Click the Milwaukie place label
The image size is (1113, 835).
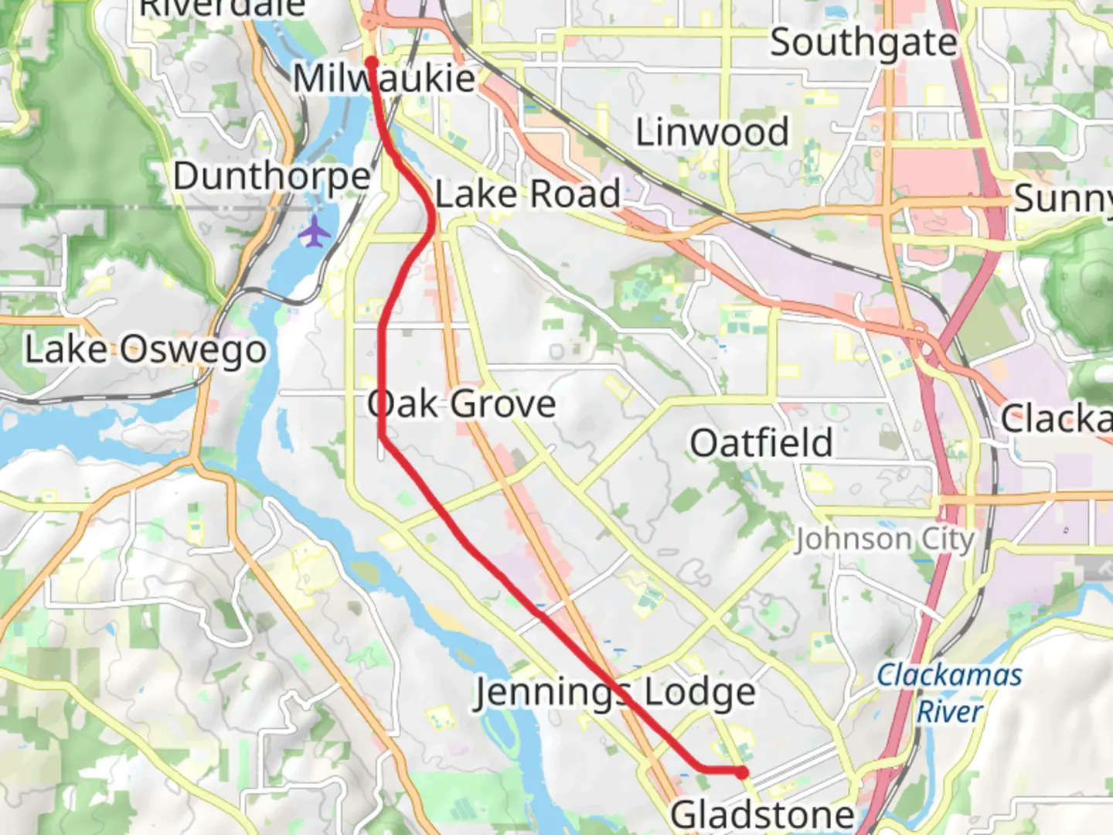click(x=384, y=79)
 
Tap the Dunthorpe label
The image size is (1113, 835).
click(x=272, y=177)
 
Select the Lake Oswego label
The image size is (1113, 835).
click(x=145, y=350)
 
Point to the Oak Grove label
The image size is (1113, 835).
click(x=461, y=404)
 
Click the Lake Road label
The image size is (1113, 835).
click(x=528, y=194)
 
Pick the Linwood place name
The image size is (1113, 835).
click(x=712, y=132)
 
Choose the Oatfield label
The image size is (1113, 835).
click(x=761, y=444)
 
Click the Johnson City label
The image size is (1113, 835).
click(x=885, y=539)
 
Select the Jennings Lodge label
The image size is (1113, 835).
click(x=614, y=693)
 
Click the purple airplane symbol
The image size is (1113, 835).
click(x=314, y=232)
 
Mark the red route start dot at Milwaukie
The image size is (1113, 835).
click(x=371, y=63)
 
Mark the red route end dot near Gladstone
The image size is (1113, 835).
click(x=742, y=772)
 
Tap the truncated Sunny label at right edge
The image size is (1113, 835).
click(x=1063, y=199)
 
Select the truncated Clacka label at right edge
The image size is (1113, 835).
click(x=1057, y=419)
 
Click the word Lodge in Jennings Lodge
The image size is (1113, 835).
click(x=699, y=693)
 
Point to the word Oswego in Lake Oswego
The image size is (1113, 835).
click(x=193, y=350)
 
